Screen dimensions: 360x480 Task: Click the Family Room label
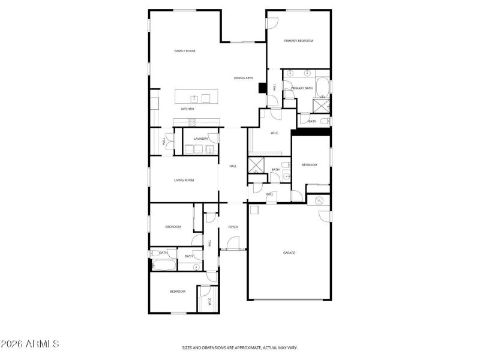(185, 51)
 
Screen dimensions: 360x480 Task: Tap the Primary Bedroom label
(298, 41)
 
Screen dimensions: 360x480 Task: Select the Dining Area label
(243, 78)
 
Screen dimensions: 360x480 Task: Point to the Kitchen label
(187, 109)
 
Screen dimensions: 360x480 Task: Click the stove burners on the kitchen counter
(192, 122)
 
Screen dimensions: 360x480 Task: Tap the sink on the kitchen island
(194, 98)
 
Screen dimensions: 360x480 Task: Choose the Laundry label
(200, 139)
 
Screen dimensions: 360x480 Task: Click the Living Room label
(184, 180)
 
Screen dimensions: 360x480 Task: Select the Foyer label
(233, 227)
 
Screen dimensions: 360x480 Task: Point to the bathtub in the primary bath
(322, 88)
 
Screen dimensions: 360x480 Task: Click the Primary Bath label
(302, 88)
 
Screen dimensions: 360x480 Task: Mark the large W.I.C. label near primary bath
(275, 133)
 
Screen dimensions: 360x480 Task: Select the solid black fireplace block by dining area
(262, 88)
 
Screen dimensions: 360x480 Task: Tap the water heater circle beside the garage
(319, 200)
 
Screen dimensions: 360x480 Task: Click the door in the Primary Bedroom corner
(272, 23)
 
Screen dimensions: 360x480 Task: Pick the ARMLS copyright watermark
(30, 344)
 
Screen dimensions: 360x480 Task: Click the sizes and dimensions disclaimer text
(240, 347)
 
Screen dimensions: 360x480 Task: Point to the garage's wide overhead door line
(289, 299)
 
